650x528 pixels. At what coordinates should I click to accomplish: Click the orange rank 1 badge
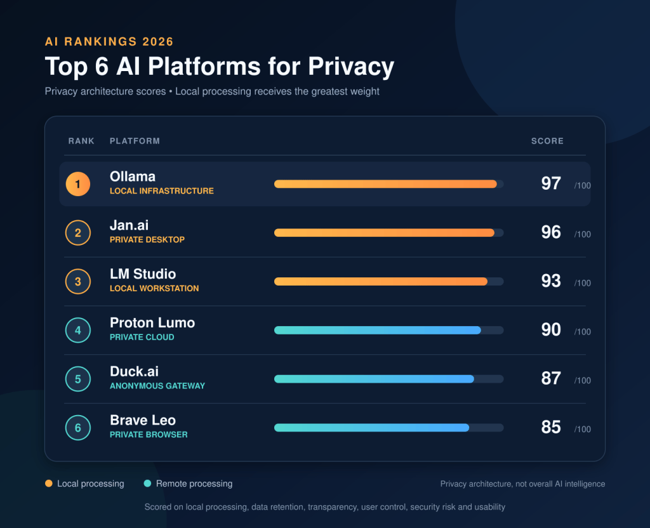click(78, 184)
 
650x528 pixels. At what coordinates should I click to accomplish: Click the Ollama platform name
click(133, 176)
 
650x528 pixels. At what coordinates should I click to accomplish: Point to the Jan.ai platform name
click(129, 225)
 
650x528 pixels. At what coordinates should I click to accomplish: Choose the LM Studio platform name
click(143, 274)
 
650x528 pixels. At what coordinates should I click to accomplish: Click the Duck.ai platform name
click(135, 371)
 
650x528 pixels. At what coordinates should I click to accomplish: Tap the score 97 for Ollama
click(551, 183)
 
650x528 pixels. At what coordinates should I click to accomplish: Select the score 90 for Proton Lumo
click(551, 329)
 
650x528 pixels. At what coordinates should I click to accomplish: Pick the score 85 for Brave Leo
click(551, 427)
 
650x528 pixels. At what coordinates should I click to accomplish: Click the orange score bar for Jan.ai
click(384, 233)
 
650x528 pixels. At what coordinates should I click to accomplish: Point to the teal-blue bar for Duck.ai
click(374, 379)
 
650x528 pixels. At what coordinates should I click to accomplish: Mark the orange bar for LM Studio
click(381, 281)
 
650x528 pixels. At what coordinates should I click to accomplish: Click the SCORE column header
click(547, 141)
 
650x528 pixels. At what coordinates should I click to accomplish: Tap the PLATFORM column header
click(135, 141)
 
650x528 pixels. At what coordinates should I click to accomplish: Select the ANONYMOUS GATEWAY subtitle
click(157, 386)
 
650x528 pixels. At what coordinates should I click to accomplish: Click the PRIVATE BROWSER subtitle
click(149, 435)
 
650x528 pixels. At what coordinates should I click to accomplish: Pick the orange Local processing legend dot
click(49, 483)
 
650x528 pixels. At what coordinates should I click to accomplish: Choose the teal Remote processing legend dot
click(147, 483)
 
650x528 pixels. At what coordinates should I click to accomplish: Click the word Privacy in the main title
click(351, 67)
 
